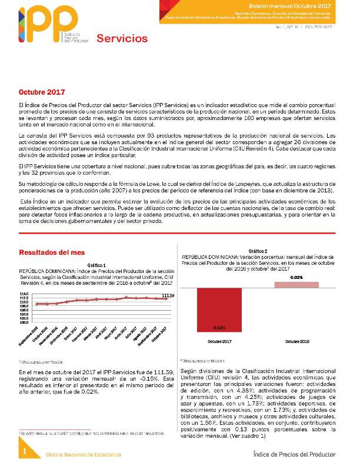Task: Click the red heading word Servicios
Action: [x=122, y=39]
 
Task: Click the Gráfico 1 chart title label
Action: [x=96, y=265]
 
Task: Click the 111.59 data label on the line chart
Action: [x=168, y=295]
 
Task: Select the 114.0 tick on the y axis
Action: [x=24, y=294]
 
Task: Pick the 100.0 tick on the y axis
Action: [x=24, y=322]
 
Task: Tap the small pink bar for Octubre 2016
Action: [x=296, y=285]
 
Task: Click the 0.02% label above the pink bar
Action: [x=296, y=277]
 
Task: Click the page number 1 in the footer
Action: [x=25, y=451]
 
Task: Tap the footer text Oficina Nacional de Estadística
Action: [x=84, y=455]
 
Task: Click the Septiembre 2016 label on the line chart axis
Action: [x=31, y=336]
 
